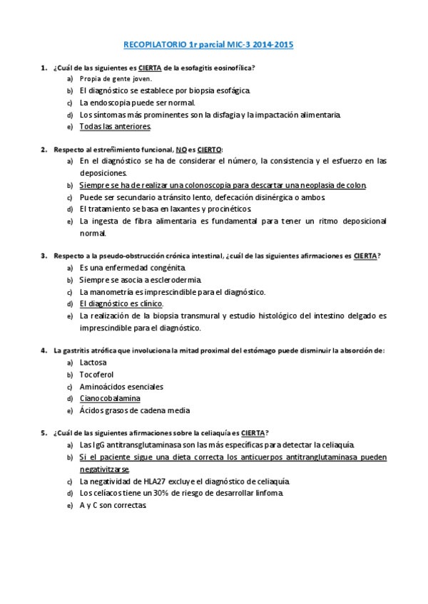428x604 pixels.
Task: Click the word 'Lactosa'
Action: (x=93, y=363)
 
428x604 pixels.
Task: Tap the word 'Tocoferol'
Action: (x=96, y=375)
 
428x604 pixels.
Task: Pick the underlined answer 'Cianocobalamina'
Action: (x=110, y=398)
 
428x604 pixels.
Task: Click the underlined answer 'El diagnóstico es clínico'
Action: (x=121, y=303)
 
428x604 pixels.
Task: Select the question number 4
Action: (x=44, y=350)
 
